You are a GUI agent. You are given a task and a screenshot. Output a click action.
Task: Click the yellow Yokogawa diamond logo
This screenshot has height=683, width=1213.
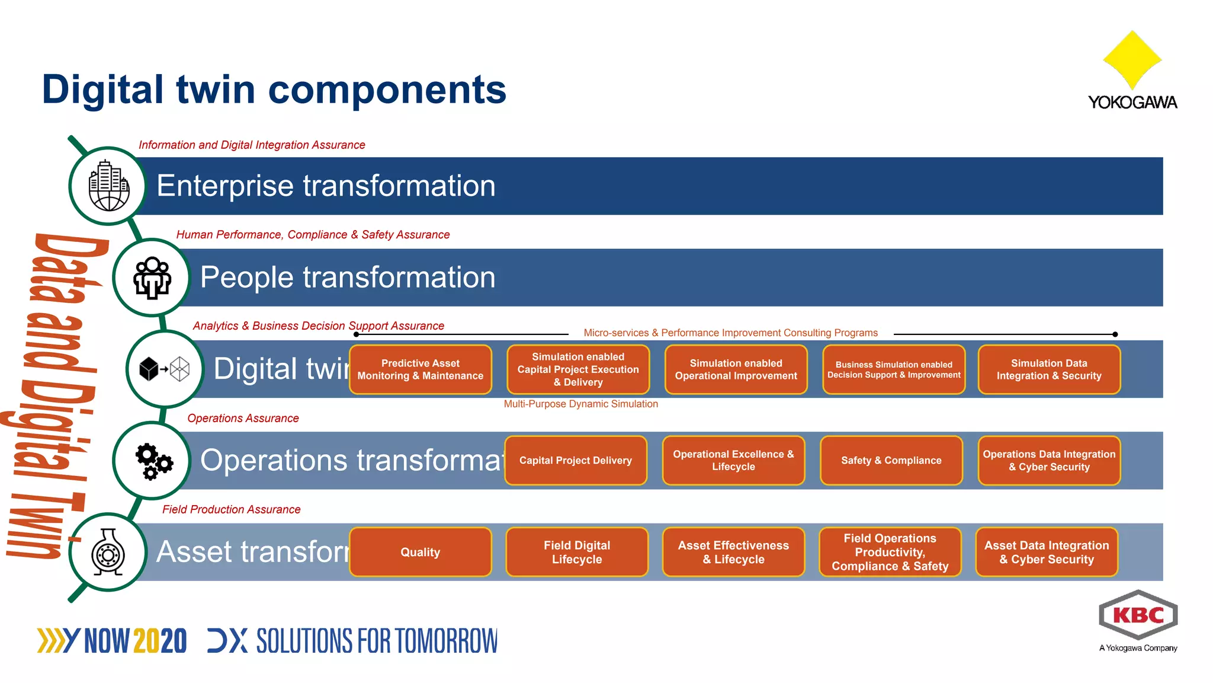click(1132, 59)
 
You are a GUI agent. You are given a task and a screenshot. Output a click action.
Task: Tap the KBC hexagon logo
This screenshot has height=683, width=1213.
click(1138, 615)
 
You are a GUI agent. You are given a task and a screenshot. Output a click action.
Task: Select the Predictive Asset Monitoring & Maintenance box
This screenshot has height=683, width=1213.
click(421, 369)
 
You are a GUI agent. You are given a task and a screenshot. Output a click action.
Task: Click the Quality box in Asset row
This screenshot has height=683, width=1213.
click(421, 552)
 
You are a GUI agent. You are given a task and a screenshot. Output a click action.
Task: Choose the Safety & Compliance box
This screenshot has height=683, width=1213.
click(891, 461)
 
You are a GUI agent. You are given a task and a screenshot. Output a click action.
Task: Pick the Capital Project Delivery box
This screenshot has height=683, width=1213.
click(575, 461)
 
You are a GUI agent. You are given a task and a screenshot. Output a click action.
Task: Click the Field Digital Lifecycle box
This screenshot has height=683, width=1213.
click(577, 552)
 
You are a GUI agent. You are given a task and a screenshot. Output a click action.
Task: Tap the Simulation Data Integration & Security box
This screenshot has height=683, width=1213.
click(1048, 369)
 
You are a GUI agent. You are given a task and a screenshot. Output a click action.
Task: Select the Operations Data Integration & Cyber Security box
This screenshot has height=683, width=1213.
click(1048, 461)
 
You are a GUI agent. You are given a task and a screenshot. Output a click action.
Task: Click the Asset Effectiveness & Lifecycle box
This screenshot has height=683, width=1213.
click(733, 552)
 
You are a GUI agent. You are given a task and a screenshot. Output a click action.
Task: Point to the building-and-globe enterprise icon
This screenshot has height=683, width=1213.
click(108, 186)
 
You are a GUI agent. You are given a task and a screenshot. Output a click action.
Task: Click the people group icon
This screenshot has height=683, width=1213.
click(152, 277)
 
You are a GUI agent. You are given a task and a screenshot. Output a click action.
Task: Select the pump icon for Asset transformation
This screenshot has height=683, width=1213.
click(108, 553)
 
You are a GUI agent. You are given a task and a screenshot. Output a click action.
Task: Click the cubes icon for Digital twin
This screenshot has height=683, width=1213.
click(164, 369)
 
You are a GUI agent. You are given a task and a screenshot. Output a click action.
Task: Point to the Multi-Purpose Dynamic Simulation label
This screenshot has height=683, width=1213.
click(580, 404)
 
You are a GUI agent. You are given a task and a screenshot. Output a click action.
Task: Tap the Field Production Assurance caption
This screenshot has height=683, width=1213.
click(231, 509)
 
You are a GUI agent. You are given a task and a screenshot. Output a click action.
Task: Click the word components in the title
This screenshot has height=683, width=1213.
click(387, 90)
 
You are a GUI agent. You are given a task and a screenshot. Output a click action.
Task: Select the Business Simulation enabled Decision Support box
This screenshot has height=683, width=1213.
click(893, 369)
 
